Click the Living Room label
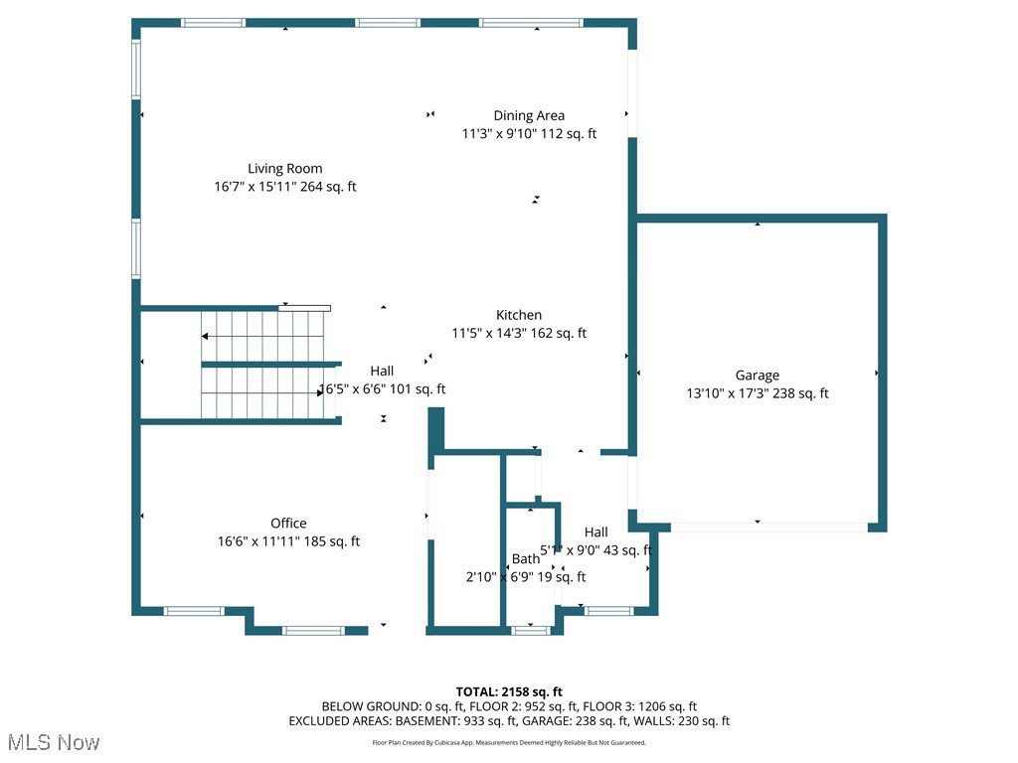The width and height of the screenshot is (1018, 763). point(285,169)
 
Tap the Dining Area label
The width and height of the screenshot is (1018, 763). point(529,115)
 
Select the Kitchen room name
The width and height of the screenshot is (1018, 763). point(519,315)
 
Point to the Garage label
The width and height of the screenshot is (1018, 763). point(758,375)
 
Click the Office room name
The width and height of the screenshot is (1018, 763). point(288,524)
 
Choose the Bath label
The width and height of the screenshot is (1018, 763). point(526,559)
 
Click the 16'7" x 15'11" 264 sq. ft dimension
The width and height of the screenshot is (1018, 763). point(285,187)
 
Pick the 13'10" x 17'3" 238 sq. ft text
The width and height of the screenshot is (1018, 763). point(758,393)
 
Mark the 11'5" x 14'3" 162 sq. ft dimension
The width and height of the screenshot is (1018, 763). point(519,334)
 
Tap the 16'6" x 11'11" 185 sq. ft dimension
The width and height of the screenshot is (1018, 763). point(288,541)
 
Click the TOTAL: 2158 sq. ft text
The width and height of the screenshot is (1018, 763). point(509,691)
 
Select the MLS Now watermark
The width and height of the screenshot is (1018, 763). point(54,742)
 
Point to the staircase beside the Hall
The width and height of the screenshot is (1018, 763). point(264,366)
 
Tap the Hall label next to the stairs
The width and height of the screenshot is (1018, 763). point(382,372)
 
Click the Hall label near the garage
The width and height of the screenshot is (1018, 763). point(596,533)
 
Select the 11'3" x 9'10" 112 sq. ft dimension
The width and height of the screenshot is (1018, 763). point(529,134)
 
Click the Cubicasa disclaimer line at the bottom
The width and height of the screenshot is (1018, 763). point(509,742)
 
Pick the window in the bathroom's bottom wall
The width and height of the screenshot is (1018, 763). point(530,630)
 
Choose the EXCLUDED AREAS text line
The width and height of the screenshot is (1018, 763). point(509,721)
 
